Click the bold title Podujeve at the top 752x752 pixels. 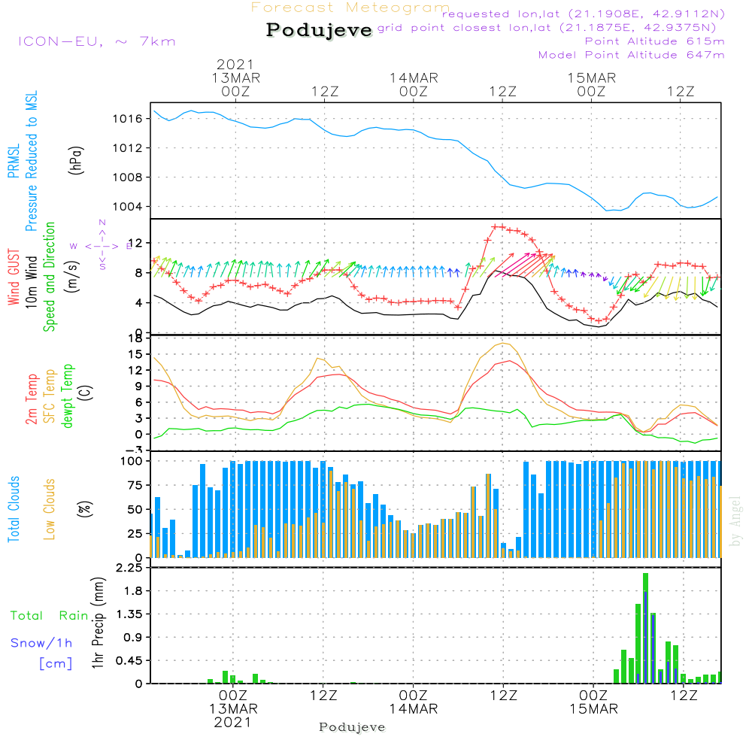[x=319, y=31]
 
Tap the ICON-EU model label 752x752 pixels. [x=96, y=41]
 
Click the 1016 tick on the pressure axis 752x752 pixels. [x=128, y=119]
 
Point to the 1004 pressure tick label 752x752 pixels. [x=128, y=207]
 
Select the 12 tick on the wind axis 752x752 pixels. [x=138, y=243]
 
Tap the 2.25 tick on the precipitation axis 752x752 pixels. [x=129, y=568]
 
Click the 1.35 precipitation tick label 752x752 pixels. [x=129, y=614]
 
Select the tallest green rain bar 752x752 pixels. [x=645, y=628]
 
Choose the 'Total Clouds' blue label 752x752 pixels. [x=14, y=508]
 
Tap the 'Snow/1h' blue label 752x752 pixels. [x=41, y=643]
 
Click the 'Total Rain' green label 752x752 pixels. [x=49, y=616]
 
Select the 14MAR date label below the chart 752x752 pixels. [x=413, y=710]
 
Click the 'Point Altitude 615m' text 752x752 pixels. [x=654, y=41]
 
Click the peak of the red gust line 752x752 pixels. [x=498, y=226]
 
